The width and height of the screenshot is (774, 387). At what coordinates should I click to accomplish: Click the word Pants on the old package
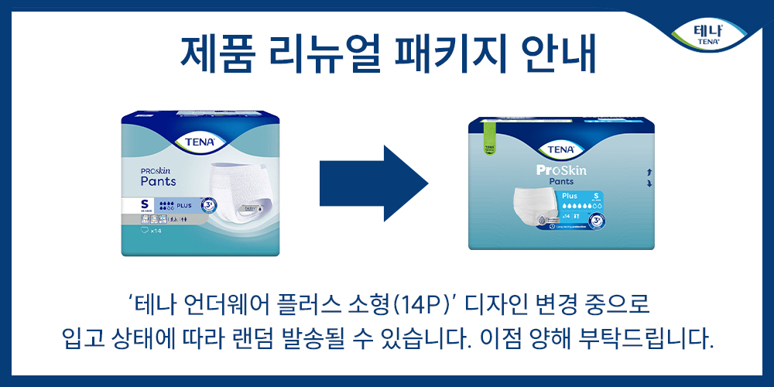point(158,181)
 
